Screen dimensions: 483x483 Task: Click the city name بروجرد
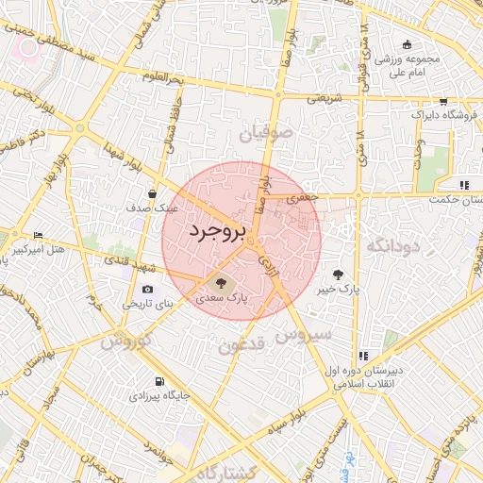pyautogui.click(x=216, y=232)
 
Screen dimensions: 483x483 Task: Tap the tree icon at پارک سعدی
pyautogui.click(x=221, y=279)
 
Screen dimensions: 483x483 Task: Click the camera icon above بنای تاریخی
pyautogui.click(x=147, y=290)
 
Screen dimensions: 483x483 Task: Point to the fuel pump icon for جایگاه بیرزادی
pyautogui.click(x=158, y=382)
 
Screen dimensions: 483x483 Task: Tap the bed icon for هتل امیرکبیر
pyautogui.click(x=38, y=235)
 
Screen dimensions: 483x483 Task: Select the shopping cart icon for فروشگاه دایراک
pyautogui.click(x=443, y=101)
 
